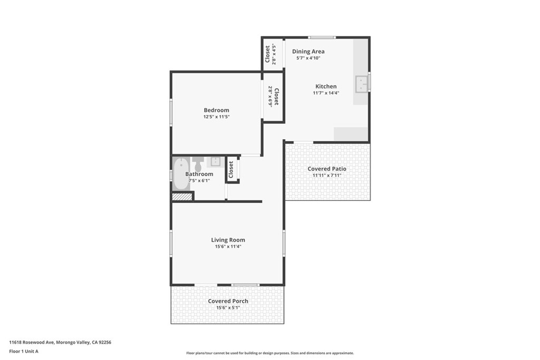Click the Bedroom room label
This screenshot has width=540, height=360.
click(x=216, y=110)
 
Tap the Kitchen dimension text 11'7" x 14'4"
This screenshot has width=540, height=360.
click(x=326, y=93)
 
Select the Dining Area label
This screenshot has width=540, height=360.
click(x=308, y=51)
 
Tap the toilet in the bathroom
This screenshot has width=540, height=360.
click(x=198, y=163)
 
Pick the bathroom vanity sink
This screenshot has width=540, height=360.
click(x=216, y=161)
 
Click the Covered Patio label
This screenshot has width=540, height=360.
click(x=327, y=169)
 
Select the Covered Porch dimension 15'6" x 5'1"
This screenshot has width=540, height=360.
click(x=228, y=308)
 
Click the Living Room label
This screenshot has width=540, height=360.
click(x=228, y=240)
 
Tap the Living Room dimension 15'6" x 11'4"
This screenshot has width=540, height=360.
click(x=228, y=247)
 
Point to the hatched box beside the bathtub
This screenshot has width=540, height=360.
click(x=182, y=197)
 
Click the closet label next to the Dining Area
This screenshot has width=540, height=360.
click(x=267, y=54)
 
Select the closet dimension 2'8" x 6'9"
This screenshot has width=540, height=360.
click(x=271, y=96)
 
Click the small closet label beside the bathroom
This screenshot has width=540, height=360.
click(x=231, y=169)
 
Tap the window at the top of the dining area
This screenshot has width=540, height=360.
click(x=322, y=37)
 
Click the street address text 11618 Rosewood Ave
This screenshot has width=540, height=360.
click(x=32, y=342)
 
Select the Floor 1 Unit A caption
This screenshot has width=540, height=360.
click(x=24, y=352)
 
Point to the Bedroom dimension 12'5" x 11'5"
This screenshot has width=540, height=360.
click(x=216, y=116)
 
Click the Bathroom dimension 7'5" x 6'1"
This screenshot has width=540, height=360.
click(x=199, y=181)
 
